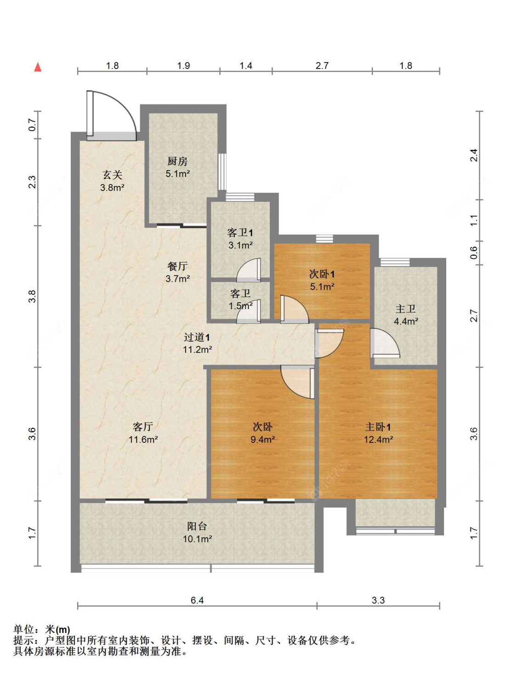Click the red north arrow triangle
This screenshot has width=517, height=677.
click(x=38, y=67)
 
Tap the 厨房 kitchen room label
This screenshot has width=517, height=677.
click(x=177, y=161)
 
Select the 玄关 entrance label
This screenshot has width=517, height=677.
click(x=113, y=175)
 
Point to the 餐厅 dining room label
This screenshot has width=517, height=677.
click(x=177, y=266)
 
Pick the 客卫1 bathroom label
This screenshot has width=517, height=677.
click(x=240, y=232)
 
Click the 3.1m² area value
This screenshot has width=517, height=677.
click(x=240, y=245)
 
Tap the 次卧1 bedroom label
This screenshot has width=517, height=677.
click(x=322, y=274)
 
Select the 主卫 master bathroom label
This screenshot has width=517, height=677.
click(x=405, y=309)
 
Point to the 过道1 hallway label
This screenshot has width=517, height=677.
click(x=197, y=337)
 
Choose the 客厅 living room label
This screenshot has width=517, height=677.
click(x=143, y=426)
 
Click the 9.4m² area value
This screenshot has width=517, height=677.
click(x=262, y=439)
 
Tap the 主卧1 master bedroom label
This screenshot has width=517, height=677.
click(x=378, y=426)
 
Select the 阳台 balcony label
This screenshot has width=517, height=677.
click(x=197, y=526)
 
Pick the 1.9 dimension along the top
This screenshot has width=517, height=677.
click(x=183, y=66)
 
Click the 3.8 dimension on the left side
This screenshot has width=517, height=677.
click(x=32, y=296)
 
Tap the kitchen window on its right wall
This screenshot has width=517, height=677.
click(x=222, y=172)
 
